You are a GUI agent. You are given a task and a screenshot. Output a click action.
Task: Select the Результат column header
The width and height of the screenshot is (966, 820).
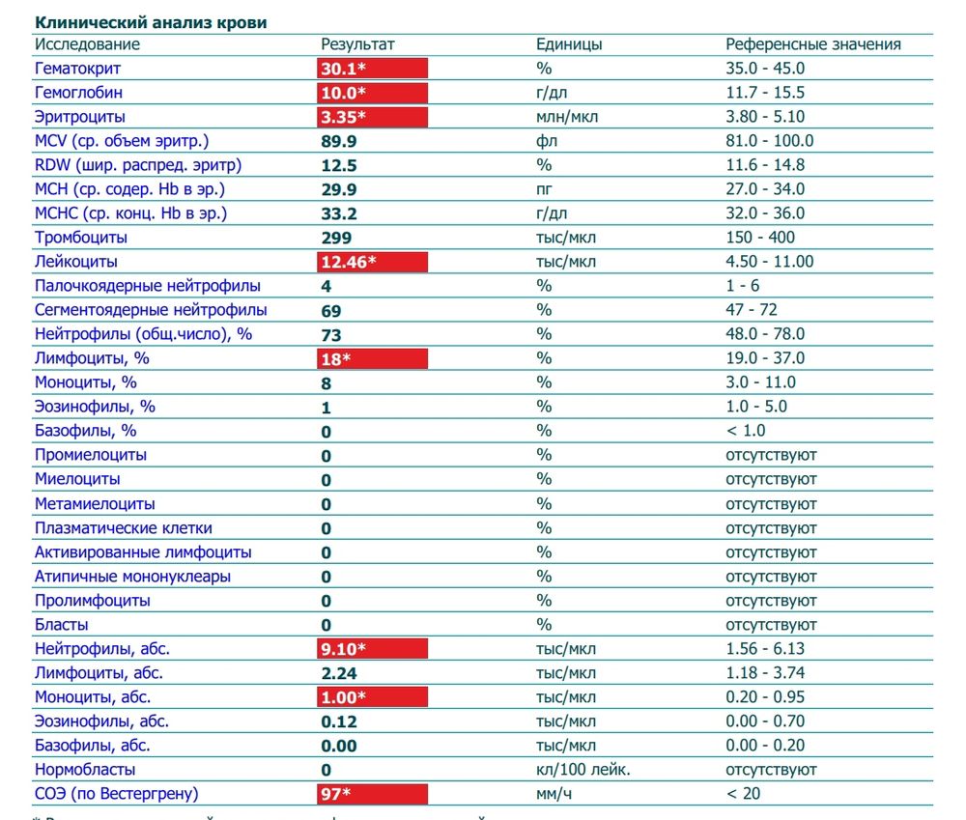point(357,44)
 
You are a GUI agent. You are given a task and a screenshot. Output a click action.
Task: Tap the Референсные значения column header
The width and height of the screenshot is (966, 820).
point(812,44)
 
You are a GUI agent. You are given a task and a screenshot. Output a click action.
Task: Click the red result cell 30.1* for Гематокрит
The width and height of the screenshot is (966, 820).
point(373,69)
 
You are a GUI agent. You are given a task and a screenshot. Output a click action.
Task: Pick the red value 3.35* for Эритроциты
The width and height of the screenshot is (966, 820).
point(373,117)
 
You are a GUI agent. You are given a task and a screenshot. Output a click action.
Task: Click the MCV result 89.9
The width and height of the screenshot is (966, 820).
point(339,141)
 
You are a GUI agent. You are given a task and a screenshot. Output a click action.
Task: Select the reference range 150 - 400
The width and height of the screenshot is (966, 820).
point(759,238)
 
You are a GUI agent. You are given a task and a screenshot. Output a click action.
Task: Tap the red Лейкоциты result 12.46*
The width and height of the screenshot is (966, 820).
point(373,262)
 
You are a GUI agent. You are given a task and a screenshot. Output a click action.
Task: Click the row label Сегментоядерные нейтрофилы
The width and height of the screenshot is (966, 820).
point(151,310)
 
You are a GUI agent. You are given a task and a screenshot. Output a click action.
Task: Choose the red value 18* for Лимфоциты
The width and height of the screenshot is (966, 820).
point(373,358)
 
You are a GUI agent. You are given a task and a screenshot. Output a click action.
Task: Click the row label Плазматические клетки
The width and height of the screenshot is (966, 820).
point(124,528)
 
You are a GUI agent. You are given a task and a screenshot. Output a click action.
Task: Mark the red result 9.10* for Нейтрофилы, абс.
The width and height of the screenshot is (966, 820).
point(373,649)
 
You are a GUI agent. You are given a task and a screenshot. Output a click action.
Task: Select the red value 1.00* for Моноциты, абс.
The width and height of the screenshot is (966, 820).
point(373,697)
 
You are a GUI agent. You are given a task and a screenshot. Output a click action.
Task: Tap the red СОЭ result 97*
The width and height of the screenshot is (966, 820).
point(373,794)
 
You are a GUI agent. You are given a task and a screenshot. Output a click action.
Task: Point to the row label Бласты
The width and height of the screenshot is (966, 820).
point(62,625)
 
